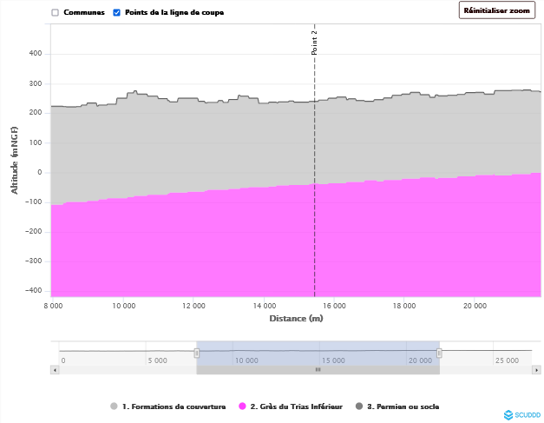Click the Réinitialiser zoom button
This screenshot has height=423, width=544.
click(x=496, y=10)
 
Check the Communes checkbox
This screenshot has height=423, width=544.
click(x=56, y=13)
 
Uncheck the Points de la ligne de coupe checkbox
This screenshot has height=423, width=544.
click(x=117, y=13)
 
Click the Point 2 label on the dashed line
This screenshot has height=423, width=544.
click(x=315, y=43)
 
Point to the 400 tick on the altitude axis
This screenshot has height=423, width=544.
click(x=36, y=54)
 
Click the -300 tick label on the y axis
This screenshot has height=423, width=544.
click(x=34, y=261)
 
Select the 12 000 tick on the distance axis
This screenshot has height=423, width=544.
click(x=194, y=306)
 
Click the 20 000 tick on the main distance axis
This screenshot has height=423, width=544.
click(x=475, y=306)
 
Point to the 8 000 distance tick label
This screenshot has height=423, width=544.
click(x=53, y=306)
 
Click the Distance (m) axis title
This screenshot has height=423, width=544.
click(x=296, y=319)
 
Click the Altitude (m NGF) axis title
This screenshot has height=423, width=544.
click(x=14, y=159)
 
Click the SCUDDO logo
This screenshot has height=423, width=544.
click(x=521, y=414)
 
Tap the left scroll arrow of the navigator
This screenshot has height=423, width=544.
click(x=55, y=369)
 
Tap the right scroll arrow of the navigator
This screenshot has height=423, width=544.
click(x=538, y=369)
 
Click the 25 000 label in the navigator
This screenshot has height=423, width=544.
click(x=507, y=360)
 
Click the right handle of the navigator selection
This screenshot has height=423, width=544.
click(x=439, y=353)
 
